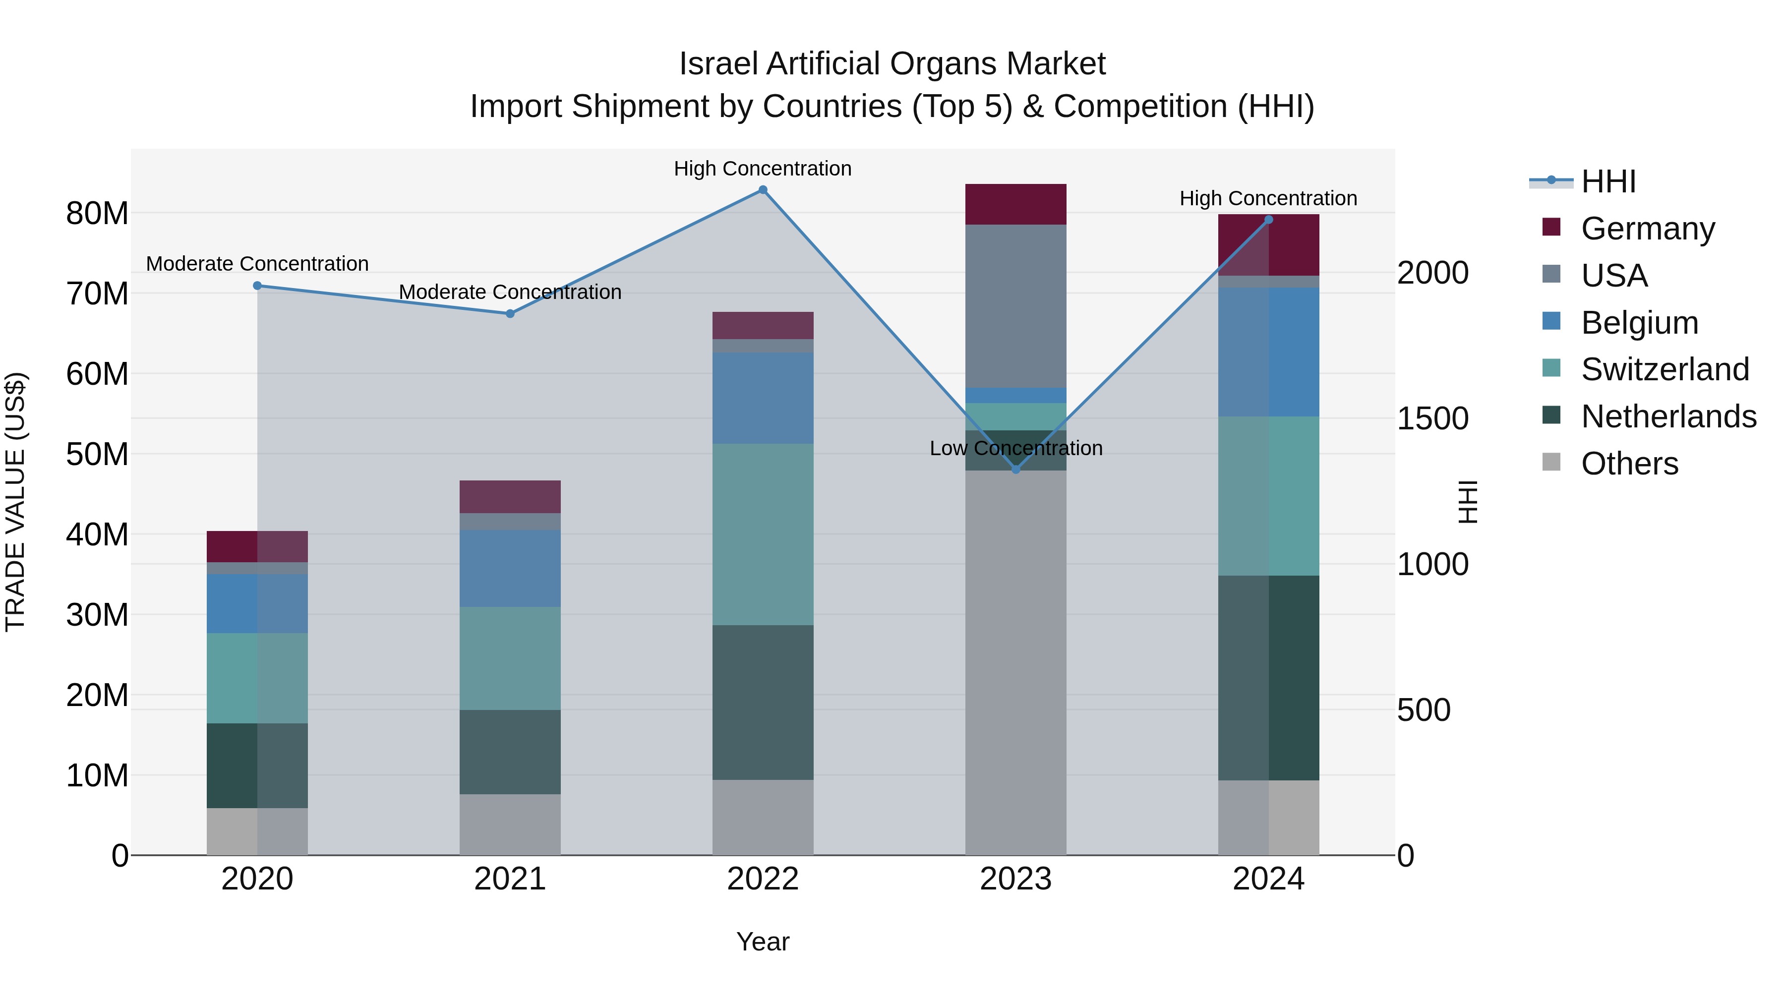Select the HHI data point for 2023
pos(1016,469)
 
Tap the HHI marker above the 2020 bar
pos(257,286)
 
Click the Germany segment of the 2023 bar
pos(1016,204)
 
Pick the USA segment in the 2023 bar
pos(1016,305)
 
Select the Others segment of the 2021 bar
pos(510,825)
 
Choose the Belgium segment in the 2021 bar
pos(510,568)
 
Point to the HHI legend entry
pos(1607,181)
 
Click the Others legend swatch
pos(1551,462)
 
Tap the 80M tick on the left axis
pos(97,213)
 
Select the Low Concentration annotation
pos(1016,448)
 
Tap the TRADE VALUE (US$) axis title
pos(15,502)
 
